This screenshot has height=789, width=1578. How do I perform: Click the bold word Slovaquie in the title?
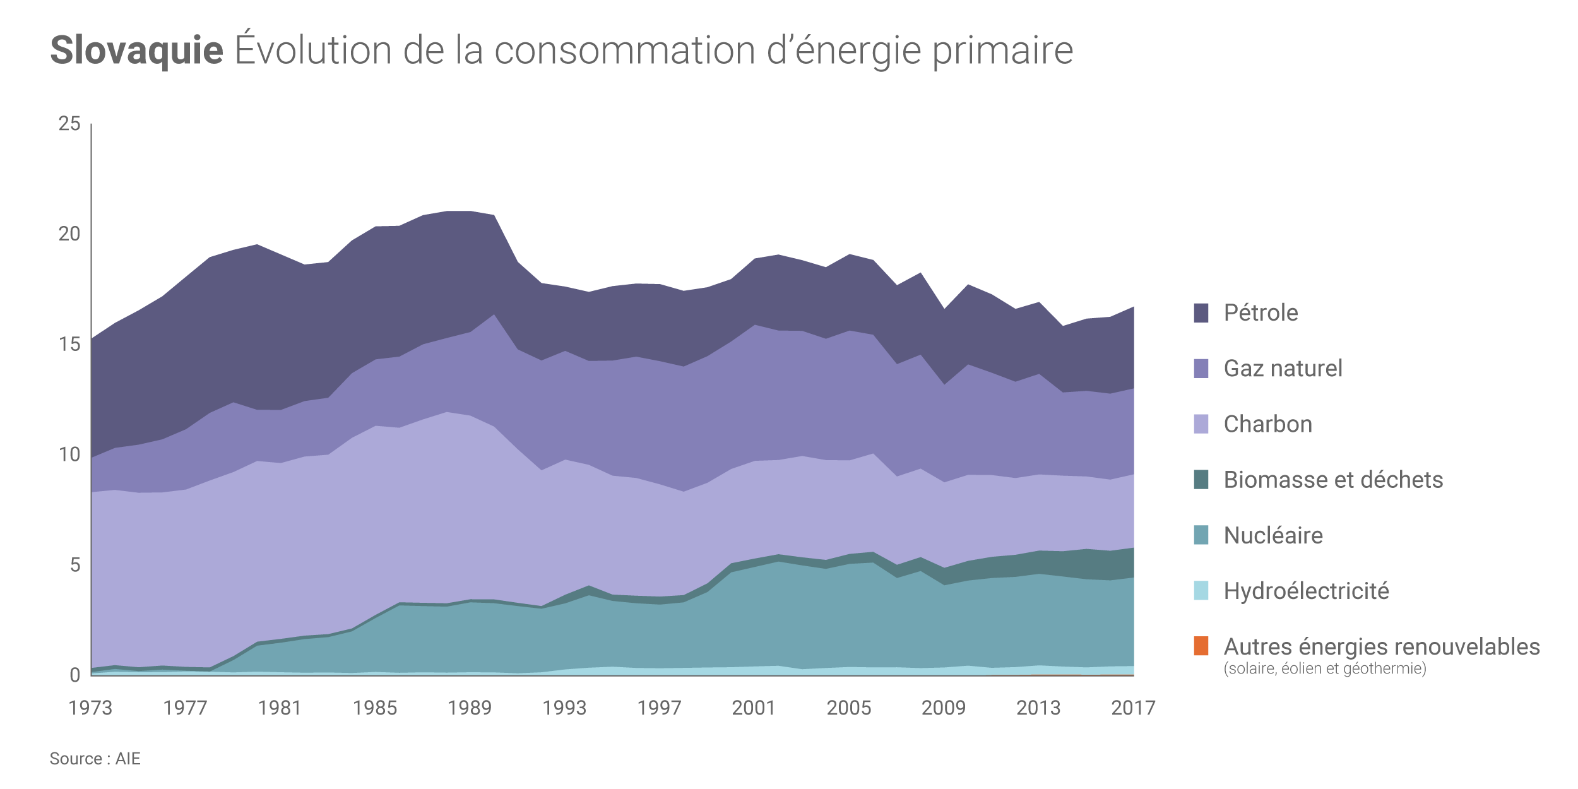click(x=136, y=50)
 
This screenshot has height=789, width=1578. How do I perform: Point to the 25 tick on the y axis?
click(x=69, y=124)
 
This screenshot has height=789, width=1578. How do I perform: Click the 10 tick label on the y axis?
click(x=69, y=454)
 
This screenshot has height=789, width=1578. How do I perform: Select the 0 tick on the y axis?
click(x=75, y=675)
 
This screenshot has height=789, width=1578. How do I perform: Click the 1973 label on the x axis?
click(x=90, y=708)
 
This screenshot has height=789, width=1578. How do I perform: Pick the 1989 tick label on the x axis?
click(x=470, y=708)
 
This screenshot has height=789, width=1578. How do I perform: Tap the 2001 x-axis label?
click(x=754, y=708)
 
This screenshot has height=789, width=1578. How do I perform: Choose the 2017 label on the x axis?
click(x=1133, y=708)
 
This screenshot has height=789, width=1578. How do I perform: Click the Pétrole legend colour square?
click(x=1201, y=313)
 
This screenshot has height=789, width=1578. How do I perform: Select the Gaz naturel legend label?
click(x=1283, y=369)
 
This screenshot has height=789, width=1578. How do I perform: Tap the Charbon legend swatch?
click(x=1201, y=424)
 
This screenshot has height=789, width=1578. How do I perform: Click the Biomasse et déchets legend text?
click(x=1333, y=480)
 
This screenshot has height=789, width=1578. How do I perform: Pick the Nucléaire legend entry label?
click(x=1273, y=535)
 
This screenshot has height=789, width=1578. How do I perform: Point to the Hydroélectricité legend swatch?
click(x=1201, y=591)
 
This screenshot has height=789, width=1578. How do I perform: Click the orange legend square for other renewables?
click(x=1201, y=646)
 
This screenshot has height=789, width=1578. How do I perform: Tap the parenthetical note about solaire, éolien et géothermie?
click(x=1324, y=668)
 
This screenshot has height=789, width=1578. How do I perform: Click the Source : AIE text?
click(x=95, y=759)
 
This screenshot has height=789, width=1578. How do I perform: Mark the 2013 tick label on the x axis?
click(x=1038, y=708)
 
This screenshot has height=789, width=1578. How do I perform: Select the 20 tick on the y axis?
click(x=69, y=234)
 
